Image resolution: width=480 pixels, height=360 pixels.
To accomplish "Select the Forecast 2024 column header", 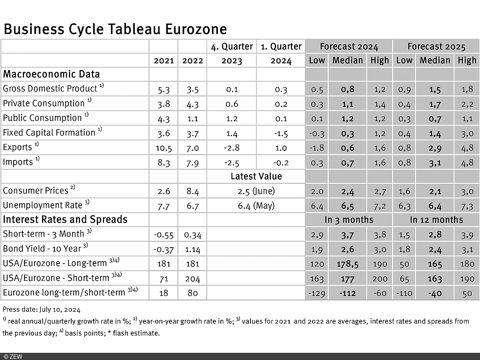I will point(349,46).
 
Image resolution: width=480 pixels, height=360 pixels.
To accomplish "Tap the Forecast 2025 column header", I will point(436,46).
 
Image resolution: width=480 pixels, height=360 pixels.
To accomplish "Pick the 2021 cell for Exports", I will point(163,147).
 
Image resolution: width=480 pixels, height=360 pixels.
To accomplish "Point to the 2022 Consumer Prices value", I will point(192,191).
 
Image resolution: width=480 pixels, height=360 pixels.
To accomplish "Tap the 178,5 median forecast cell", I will point(348,264).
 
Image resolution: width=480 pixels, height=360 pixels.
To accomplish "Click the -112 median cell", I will point(348,293).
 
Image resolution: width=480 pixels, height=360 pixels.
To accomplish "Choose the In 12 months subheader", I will point(436,220).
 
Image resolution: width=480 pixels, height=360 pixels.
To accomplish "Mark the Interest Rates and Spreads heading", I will point(65,220).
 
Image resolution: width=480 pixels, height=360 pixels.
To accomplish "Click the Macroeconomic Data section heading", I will point(51,74).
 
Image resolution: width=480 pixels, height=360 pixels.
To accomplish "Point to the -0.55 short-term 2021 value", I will point(163,235).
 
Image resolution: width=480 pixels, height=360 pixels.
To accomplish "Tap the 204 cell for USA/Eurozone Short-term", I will point(192,279).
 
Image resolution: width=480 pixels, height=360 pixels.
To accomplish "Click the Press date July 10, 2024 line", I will point(42,309).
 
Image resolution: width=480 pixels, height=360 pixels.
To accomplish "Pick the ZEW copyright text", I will point(13,356).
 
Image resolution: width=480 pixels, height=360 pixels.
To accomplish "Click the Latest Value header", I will point(256,176).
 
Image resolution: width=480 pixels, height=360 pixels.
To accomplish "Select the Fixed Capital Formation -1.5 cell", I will point(281,133).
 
